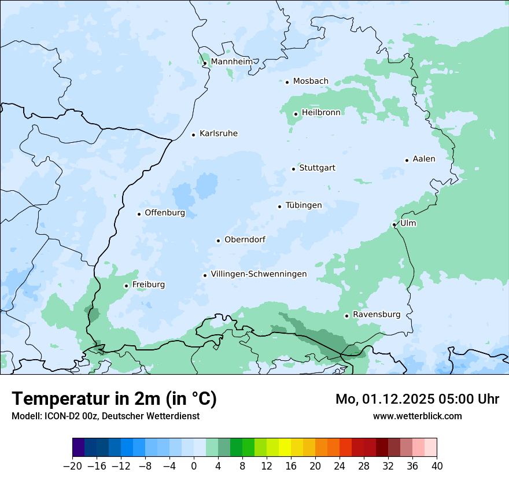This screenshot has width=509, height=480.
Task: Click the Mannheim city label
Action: click(231, 61)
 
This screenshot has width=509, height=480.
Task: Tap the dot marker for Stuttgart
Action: click(293, 169)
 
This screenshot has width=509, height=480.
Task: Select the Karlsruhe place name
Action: click(218, 134)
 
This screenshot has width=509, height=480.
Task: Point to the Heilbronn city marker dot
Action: click(296, 114)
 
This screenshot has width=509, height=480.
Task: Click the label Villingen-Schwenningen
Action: click(259, 274)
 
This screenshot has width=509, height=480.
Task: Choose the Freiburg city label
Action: click(148, 285)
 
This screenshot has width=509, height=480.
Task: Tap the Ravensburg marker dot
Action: click(346, 316)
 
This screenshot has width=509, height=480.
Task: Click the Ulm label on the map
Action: click(408, 223)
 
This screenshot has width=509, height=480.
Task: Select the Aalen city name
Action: click(423, 159)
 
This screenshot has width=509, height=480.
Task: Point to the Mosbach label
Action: click(310, 81)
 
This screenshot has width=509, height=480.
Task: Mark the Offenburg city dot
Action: click(139, 214)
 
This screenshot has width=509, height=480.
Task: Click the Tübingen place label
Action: click(303, 205)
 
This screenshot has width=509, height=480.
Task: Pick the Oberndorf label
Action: click(245, 239)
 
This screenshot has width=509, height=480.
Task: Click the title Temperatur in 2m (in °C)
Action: click(114, 398)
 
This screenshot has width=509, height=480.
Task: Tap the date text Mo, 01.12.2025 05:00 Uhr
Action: click(417, 399)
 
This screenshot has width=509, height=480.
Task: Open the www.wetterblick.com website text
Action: click(417, 416)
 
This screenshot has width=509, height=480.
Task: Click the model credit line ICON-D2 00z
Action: click(105, 416)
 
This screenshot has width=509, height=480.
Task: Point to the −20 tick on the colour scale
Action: click(73, 466)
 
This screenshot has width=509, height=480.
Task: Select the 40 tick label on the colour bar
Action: click(437, 466)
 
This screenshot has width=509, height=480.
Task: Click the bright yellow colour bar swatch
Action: click(285, 448)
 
